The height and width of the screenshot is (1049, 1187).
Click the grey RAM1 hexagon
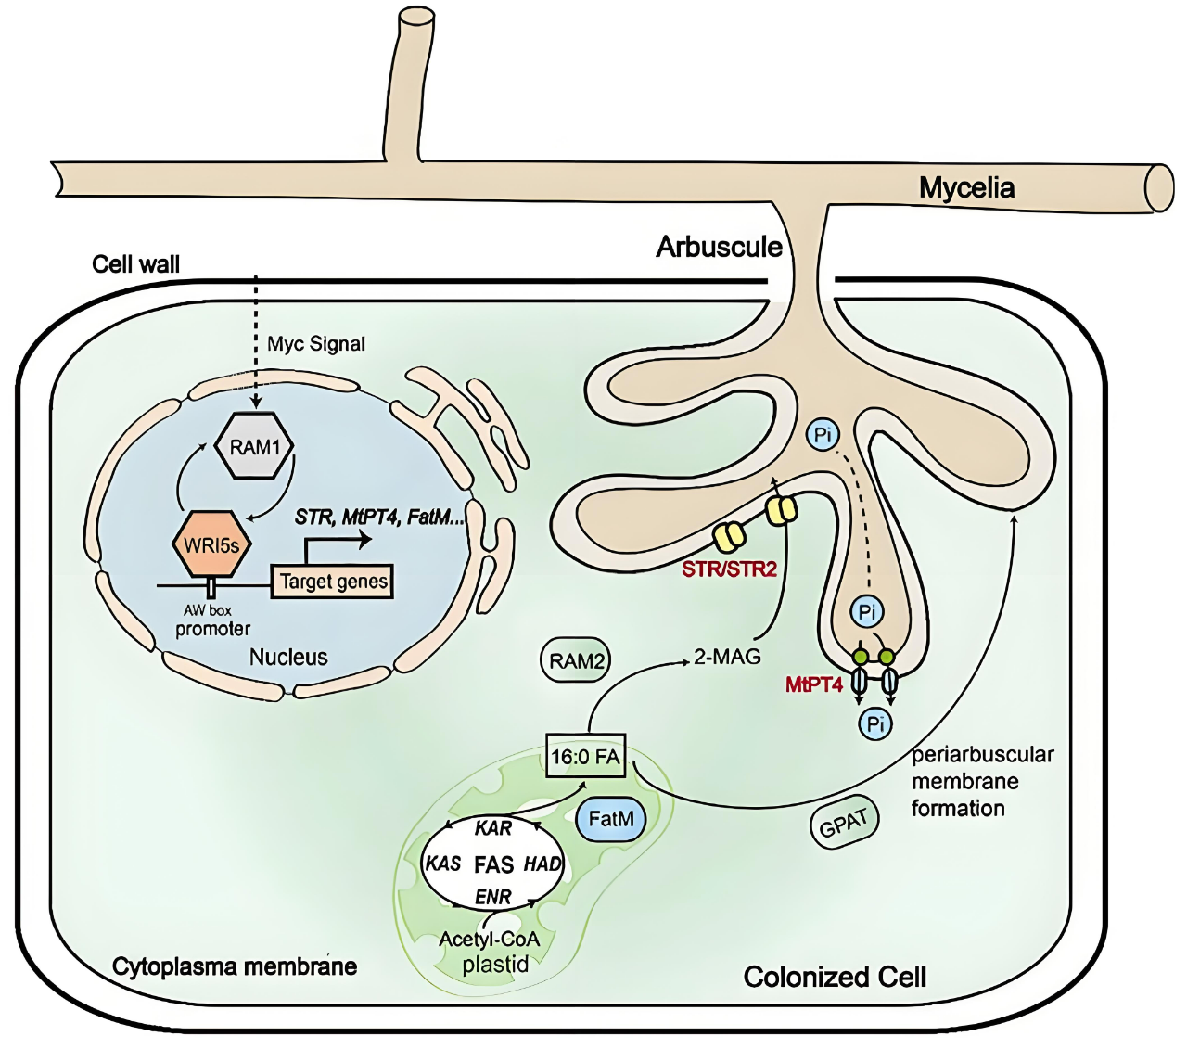click(254, 445)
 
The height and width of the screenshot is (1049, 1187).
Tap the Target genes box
click(332, 581)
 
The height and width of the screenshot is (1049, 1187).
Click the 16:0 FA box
click(585, 755)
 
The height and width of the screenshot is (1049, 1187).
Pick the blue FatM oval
click(610, 819)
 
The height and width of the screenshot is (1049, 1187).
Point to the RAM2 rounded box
click(575, 660)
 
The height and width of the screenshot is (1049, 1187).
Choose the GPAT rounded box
click(844, 824)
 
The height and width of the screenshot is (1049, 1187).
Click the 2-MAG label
click(727, 657)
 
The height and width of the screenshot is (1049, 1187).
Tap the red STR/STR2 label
click(729, 569)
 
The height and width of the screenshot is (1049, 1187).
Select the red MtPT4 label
click(814, 684)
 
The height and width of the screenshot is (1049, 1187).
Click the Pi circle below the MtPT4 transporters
click(875, 723)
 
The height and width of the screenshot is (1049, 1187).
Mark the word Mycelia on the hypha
click(966, 188)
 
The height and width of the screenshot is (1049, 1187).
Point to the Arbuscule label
click(719, 247)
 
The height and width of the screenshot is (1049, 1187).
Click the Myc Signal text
click(316, 344)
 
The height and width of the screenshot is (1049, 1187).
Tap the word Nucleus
click(288, 657)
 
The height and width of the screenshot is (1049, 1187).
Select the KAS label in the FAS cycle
click(443, 864)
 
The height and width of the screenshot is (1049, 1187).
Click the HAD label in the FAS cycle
click(542, 864)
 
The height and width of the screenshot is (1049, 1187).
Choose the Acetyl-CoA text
click(490, 940)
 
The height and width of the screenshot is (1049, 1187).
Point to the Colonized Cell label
click(835, 978)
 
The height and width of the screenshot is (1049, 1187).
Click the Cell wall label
click(135, 264)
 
